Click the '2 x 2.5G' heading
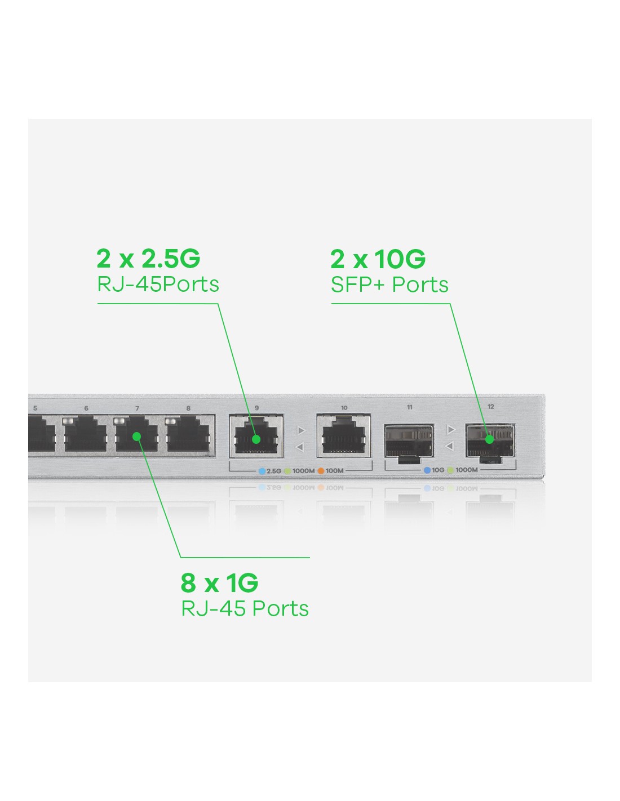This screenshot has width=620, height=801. [148, 259]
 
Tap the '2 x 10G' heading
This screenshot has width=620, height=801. [378, 259]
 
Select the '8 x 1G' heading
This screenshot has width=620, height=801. [219, 583]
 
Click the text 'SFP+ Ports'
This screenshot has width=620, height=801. [389, 284]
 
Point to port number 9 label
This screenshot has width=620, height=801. [256, 408]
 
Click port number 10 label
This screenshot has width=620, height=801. [344, 408]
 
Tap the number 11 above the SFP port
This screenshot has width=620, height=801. [409, 407]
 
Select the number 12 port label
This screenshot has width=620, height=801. [490, 407]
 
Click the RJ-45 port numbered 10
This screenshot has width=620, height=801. [344, 435]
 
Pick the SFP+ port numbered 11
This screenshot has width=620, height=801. [409, 442]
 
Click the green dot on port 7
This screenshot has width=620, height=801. [137, 437]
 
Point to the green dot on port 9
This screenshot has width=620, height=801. [256, 439]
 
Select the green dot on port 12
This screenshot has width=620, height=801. [489, 439]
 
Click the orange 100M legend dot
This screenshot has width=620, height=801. [321, 471]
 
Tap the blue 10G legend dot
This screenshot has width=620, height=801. [427, 470]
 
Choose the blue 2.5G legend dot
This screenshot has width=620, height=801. [262, 471]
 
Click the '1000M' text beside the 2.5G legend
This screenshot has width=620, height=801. [304, 471]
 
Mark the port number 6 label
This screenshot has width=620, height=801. [86, 408]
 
